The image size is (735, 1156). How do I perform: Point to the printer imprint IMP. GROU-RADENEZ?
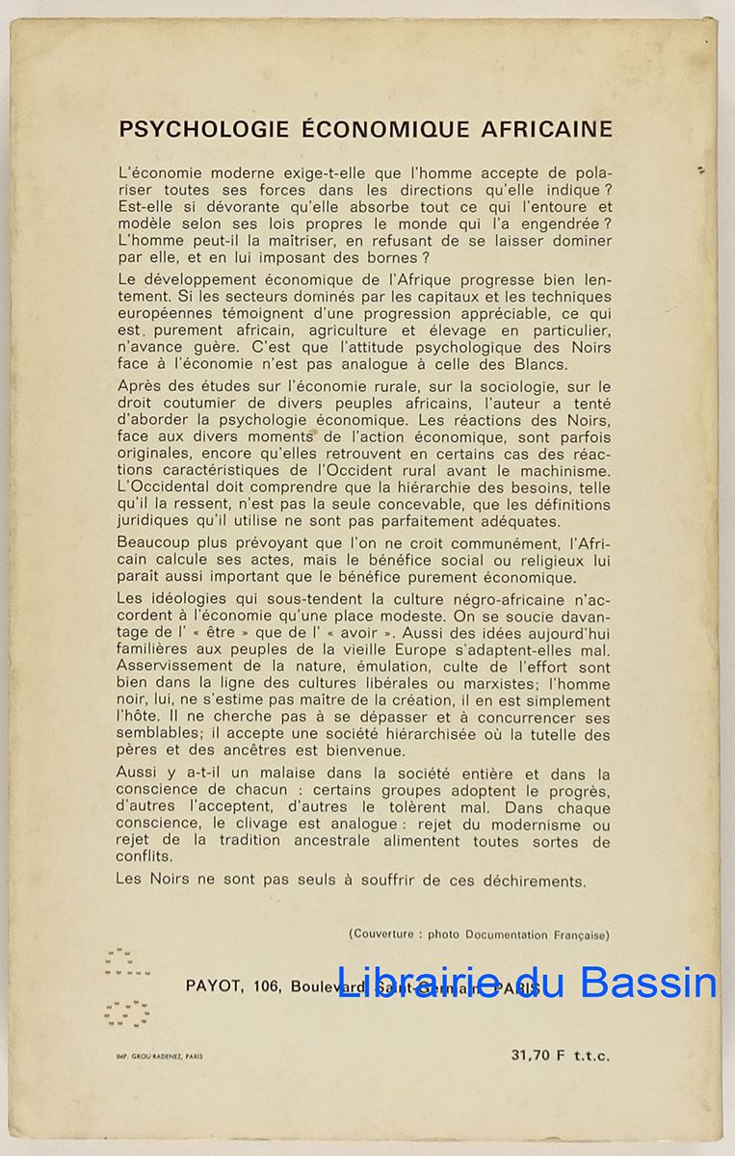(x=160, y=1056)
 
